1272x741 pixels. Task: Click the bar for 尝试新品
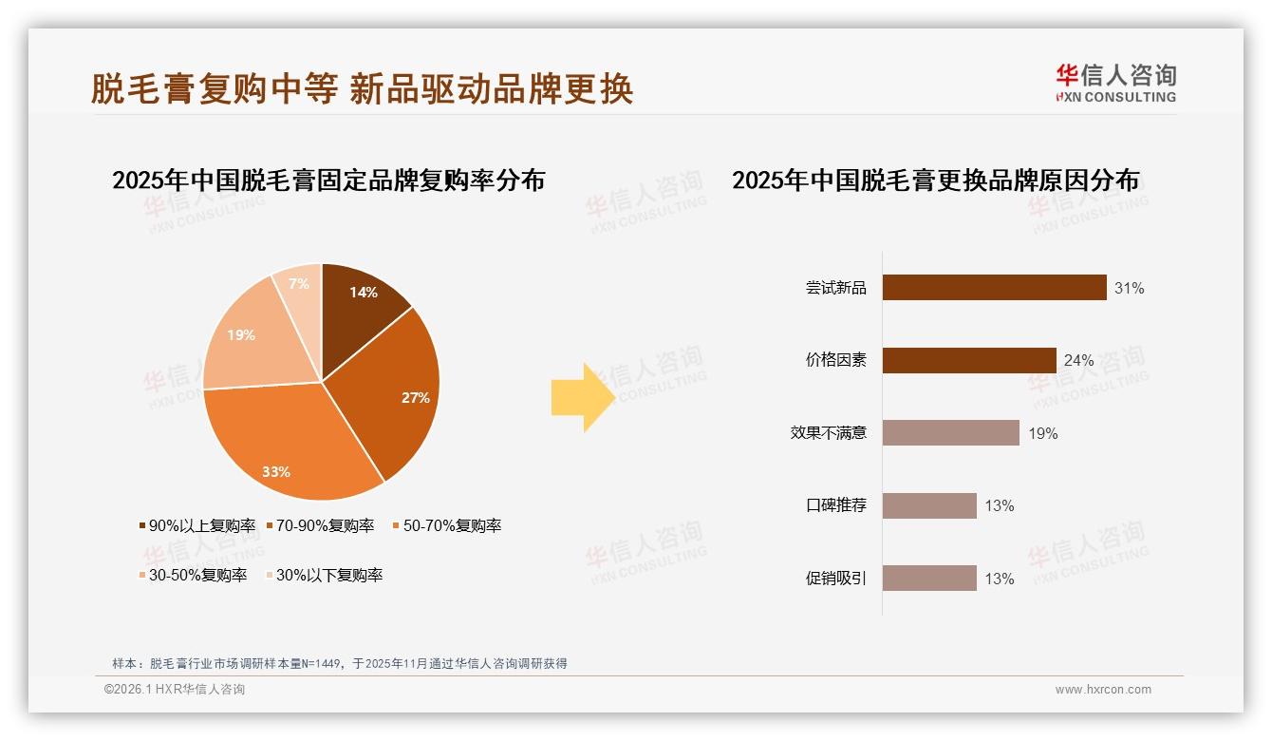click(x=994, y=288)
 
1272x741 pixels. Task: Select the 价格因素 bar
click(x=969, y=360)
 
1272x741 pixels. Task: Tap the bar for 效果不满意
click(x=950, y=433)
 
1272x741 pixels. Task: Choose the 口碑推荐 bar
click(x=929, y=505)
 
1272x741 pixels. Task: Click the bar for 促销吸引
click(x=929, y=579)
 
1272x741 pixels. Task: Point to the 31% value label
click(x=1130, y=288)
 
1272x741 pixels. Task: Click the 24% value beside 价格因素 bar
click(x=1079, y=360)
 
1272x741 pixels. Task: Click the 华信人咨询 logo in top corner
click(x=1115, y=84)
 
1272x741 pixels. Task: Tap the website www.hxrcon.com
click(x=1103, y=690)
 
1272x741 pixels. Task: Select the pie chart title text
click(x=328, y=180)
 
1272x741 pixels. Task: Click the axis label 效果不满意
click(x=828, y=433)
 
